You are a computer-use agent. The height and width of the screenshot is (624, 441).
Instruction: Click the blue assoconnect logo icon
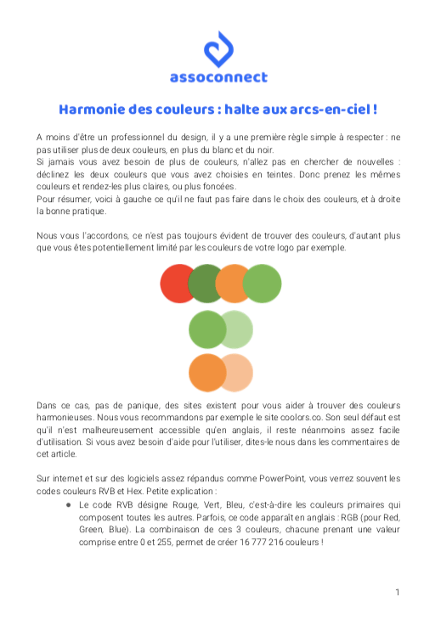coord(219,49)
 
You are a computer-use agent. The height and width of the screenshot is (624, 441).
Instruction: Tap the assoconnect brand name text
coord(219,77)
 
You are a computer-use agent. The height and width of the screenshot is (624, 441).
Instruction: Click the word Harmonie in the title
coord(92,110)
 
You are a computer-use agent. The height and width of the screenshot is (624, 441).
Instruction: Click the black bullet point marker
coord(66,503)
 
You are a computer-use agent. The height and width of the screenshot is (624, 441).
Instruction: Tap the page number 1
coord(397,592)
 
